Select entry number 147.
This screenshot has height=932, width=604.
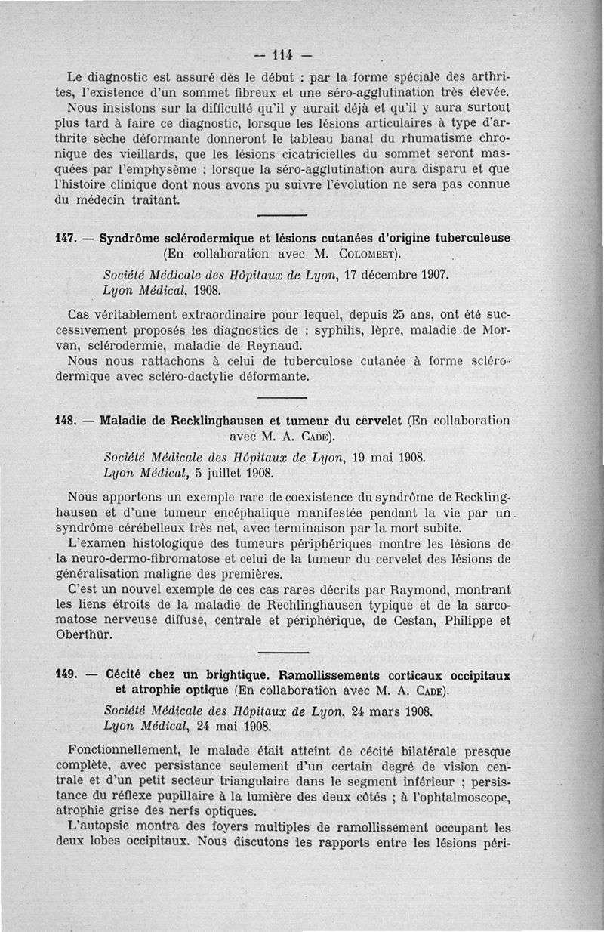(66, 238)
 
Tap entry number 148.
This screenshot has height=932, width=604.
(66, 421)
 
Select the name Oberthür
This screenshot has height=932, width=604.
(82, 635)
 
